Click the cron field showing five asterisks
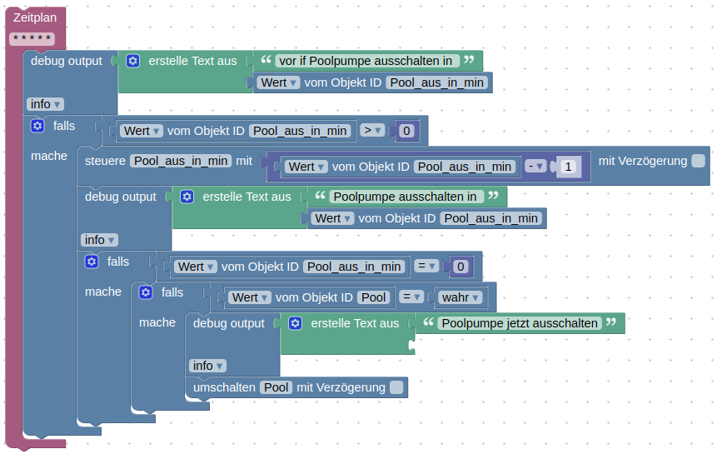tap(32, 38)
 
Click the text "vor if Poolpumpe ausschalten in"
tap(367, 60)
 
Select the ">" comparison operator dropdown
tap(372, 130)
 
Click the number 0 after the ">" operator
tap(406, 131)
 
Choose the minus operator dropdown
tap(535, 167)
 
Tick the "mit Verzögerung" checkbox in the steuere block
tap(698, 161)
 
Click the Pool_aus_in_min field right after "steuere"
tap(182, 161)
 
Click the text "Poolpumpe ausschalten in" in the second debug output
tap(404, 197)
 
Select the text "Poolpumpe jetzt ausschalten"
tap(520, 323)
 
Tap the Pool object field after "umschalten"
tap(276, 387)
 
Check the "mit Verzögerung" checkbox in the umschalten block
tap(396, 387)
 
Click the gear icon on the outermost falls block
tap(37, 127)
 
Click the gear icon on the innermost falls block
tap(146, 292)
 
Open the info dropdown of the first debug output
tap(45, 104)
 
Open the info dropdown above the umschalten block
tap(207, 366)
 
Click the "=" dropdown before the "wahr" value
tap(411, 297)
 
